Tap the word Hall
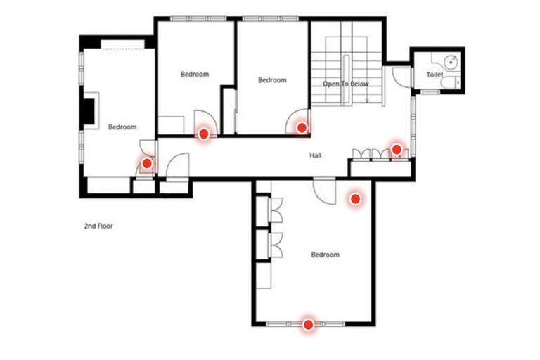316,155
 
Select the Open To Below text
346,84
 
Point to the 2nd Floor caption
98,226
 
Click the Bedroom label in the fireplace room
122,127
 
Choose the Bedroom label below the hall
325,255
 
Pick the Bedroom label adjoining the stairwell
272,80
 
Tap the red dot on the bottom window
308,324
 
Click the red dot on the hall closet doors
397,149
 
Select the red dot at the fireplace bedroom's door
147,164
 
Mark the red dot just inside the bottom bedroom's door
356,199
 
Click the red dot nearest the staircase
302,127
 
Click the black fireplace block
88,110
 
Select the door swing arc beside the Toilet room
400,77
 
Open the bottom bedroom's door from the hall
325,190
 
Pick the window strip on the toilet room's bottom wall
430,91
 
